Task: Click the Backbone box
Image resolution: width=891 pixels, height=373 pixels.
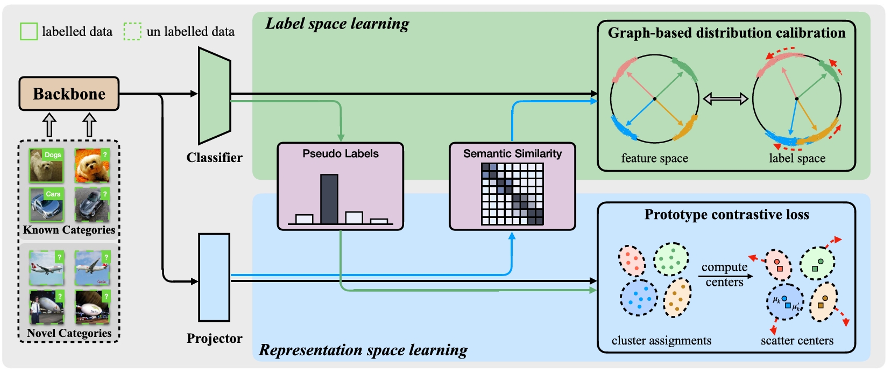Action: (69, 94)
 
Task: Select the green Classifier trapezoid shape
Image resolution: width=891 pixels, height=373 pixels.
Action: (214, 96)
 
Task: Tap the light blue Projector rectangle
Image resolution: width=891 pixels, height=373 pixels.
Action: (214, 277)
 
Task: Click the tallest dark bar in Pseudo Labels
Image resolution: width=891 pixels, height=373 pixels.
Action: (329, 199)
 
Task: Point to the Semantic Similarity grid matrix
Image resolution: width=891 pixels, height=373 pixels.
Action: (512, 193)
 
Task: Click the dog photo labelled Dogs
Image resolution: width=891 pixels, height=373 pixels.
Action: (46, 165)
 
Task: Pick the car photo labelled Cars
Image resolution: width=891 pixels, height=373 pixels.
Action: (46, 205)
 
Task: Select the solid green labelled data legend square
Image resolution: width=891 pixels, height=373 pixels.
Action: (29, 31)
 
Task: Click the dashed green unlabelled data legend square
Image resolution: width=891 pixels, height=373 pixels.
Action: (132, 31)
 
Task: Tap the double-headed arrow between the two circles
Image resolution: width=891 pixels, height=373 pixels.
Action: (726, 98)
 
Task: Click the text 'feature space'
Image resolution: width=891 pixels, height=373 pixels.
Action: (654, 158)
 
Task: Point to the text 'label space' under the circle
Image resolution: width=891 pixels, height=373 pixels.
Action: (797, 158)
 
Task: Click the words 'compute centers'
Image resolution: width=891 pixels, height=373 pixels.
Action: (724, 275)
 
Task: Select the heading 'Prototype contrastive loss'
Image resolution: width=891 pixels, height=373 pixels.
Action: (726, 215)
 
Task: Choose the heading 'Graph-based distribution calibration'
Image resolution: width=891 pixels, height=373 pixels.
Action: (726, 33)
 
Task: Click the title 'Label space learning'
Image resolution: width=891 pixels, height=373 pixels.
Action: (337, 24)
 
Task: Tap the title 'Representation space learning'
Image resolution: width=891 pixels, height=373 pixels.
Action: (363, 350)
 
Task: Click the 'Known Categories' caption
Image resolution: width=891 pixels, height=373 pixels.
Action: (69, 230)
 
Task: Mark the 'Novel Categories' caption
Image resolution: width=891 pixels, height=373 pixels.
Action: (69, 333)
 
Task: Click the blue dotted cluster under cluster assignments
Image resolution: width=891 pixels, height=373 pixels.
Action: (639, 297)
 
